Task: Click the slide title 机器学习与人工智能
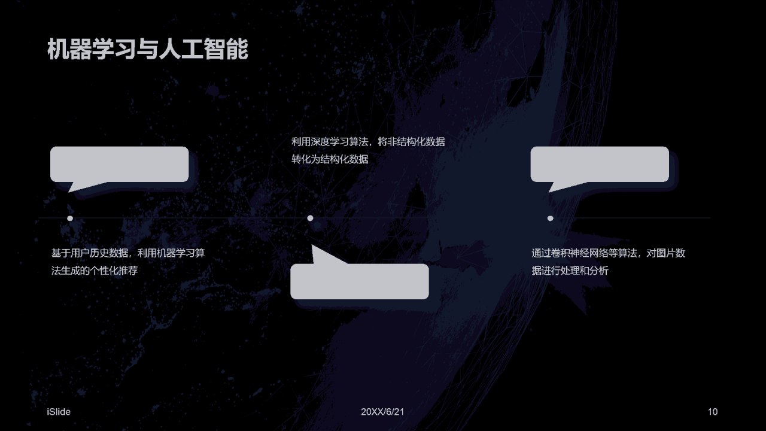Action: pyautogui.click(x=147, y=50)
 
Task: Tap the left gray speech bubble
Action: pyautogui.click(x=119, y=163)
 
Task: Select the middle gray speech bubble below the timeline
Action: pyautogui.click(x=360, y=281)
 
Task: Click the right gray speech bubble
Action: pyautogui.click(x=600, y=163)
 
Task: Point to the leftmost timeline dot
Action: pyautogui.click(x=70, y=218)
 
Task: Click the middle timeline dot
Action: pyautogui.click(x=310, y=218)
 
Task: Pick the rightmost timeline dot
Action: pyautogui.click(x=551, y=218)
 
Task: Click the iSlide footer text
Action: pyautogui.click(x=59, y=412)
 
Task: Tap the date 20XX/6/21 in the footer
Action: pyautogui.click(x=382, y=412)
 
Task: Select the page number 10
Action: pyautogui.click(x=712, y=412)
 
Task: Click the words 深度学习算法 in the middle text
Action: pyautogui.click(x=339, y=142)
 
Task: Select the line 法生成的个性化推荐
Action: pyautogui.click(x=95, y=271)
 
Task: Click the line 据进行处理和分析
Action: pyautogui.click(x=570, y=271)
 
